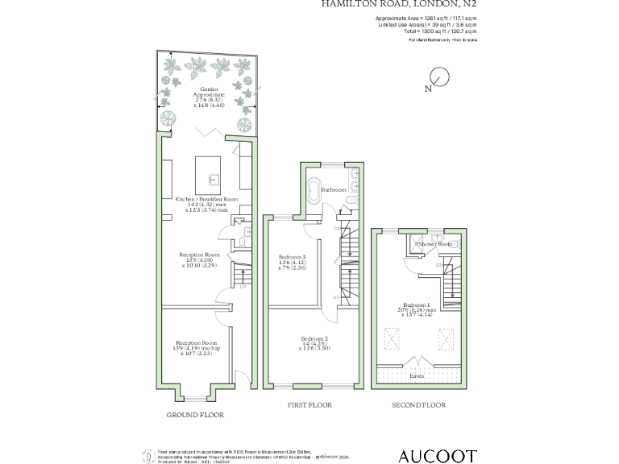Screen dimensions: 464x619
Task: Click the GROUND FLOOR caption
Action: (195, 415)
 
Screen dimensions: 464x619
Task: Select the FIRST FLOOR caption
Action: (309, 405)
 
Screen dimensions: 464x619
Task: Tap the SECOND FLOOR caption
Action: (418, 405)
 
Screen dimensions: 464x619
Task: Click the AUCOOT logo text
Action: (438, 457)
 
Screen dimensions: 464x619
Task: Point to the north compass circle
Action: (439, 77)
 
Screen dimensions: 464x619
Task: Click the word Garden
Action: (208, 89)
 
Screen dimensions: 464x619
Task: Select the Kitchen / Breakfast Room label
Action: (208, 198)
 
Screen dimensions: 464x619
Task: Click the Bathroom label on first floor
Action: (333, 190)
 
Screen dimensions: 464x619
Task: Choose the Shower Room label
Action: (435, 243)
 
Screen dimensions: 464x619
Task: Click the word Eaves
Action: (418, 375)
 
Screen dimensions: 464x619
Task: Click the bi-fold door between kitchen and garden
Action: (211, 132)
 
